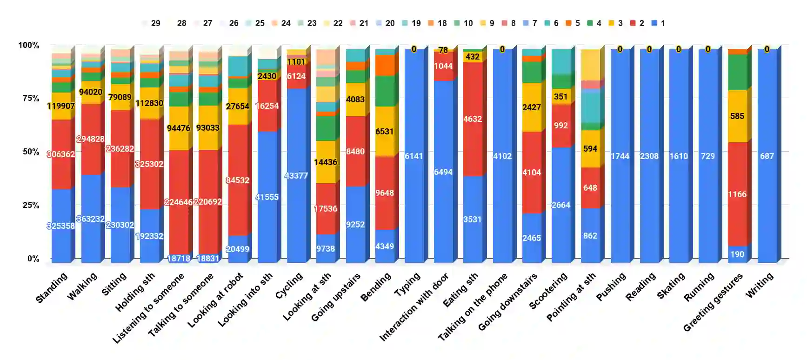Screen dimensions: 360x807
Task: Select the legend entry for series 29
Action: point(152,23)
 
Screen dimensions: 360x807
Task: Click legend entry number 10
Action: point(463,23)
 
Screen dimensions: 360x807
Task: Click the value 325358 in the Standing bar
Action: point(61,226)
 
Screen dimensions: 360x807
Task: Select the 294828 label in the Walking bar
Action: point(90,139)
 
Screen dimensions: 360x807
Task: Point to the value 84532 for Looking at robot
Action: point(237,180)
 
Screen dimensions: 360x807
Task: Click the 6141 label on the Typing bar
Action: point(414,156)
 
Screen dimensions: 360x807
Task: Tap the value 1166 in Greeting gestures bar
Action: point(737,194)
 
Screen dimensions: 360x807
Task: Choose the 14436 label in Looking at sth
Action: point(325,162)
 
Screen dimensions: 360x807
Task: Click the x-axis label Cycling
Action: point(289,286)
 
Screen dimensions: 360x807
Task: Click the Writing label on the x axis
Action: point(760,285)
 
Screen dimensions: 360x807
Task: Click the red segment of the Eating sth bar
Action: point(472,140)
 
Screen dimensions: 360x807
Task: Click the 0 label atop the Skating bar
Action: point(678,49)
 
